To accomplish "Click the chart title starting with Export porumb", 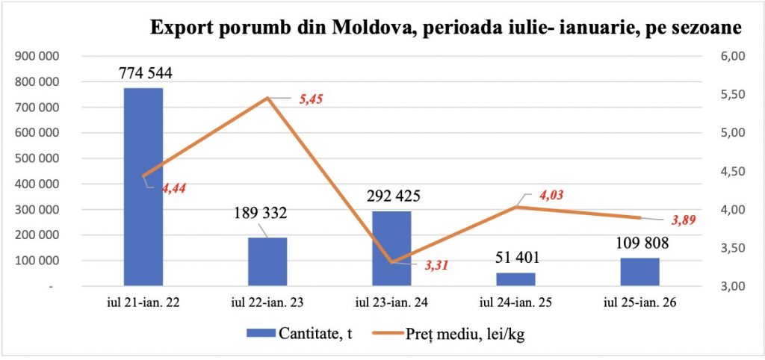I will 446,28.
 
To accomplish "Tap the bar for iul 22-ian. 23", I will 267,261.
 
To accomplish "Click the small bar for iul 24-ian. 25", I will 515,279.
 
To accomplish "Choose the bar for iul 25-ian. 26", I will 639,272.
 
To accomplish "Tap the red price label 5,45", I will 311,99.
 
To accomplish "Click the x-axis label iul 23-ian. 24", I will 391,304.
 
